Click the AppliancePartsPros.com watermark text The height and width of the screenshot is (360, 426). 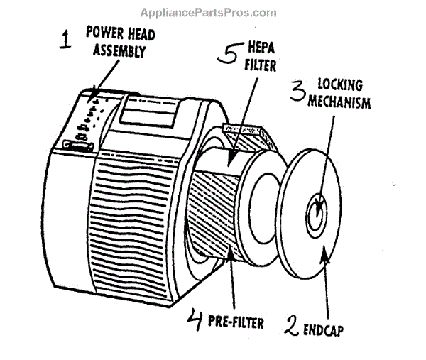click(208, 12)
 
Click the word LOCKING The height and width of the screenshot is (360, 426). click(337, 87)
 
